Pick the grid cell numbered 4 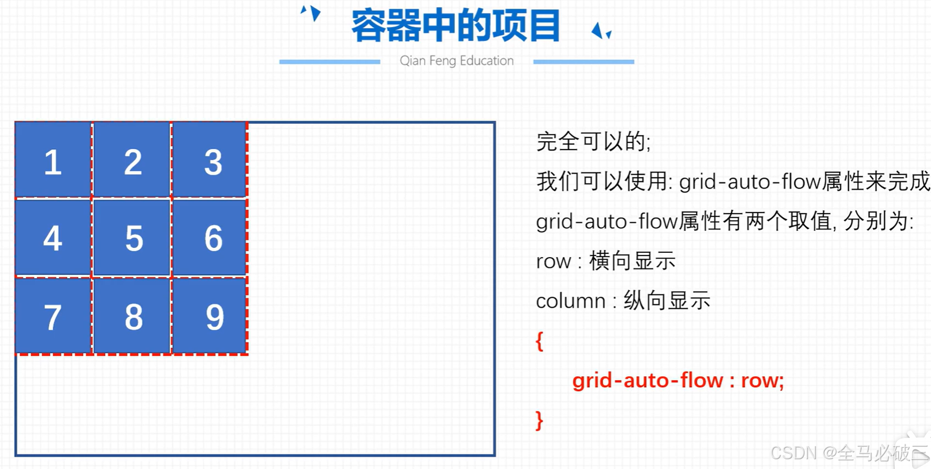coord(53,238)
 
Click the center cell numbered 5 coord(132,238)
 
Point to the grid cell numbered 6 coord(210,238)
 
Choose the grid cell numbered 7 coord(53,316)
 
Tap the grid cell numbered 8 coord(132,316)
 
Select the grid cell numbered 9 coord(210,316)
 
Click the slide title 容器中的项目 coord(455,26)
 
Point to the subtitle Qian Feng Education coord(457,60)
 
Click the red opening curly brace coord(539,341)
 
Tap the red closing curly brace coord(539,421)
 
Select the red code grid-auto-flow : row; coord(678,380)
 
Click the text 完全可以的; coord(593,141)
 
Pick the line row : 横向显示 coord(605,261)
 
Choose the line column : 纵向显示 coord(623,301)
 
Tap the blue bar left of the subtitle coord(330,62)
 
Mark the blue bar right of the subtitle coord(584,62)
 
